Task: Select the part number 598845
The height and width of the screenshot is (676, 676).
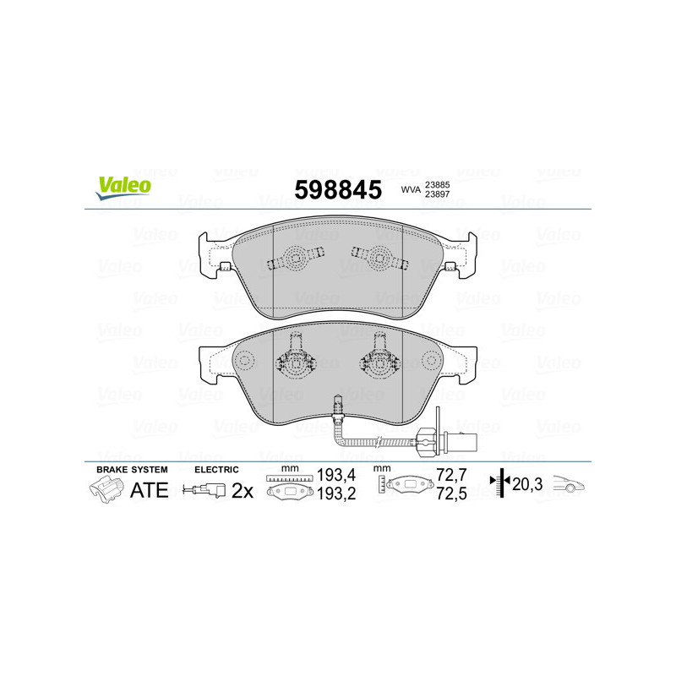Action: (337, 189)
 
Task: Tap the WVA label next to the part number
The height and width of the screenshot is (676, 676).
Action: (411, 191)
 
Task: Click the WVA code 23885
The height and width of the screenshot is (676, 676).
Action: (437, 185)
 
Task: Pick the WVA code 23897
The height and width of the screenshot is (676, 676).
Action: (437, 196)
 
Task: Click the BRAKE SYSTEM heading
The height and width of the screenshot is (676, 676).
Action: (132, 469)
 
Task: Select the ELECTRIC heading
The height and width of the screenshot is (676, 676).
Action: (216, 469)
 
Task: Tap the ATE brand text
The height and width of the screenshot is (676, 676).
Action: (149, 490)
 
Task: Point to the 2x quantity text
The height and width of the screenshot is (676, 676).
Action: (243, 491)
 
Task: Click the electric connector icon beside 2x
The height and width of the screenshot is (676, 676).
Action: (205, 491)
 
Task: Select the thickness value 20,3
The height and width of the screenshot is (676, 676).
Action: (526, 484)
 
